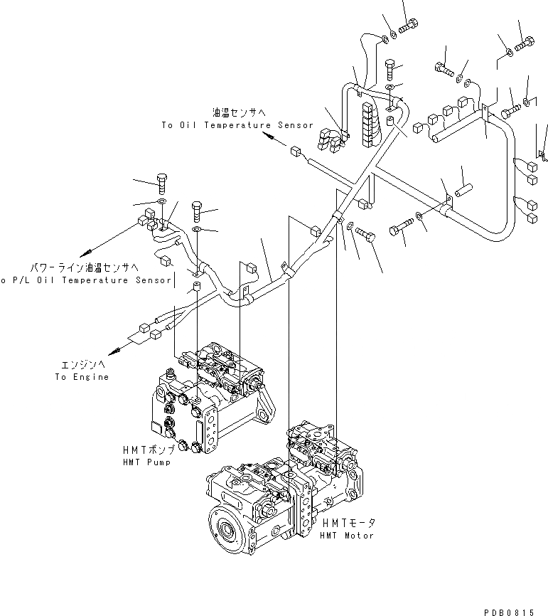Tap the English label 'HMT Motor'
pyautogui.click(x=346, y=535)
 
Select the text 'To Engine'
pyautogui.click(x=82, y=376)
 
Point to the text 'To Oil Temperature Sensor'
pyautogui.click(x=237, y=125)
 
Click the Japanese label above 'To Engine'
pyautogui.click(x=82, y=364)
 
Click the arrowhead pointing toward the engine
pyautogui.click(x=112, y=351)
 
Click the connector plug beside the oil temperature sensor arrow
pyautogui.click(x=296, y=151)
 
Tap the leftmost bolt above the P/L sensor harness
pyautogui.click(x=161, y=184)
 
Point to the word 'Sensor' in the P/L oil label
pyautogui.click(x=153, y=280)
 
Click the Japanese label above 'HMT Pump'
pyautogui.click(x=146, y=450)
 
